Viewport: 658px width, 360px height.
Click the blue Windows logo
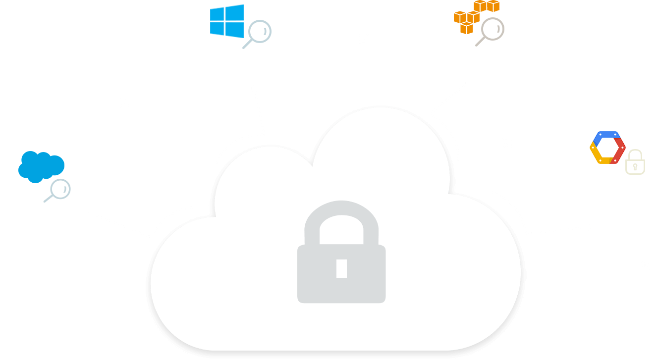(226, 21)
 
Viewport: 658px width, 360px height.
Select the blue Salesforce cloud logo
(41, 164)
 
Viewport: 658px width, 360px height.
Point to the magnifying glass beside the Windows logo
(259, 33)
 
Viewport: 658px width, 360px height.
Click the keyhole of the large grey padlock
(341, 268)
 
